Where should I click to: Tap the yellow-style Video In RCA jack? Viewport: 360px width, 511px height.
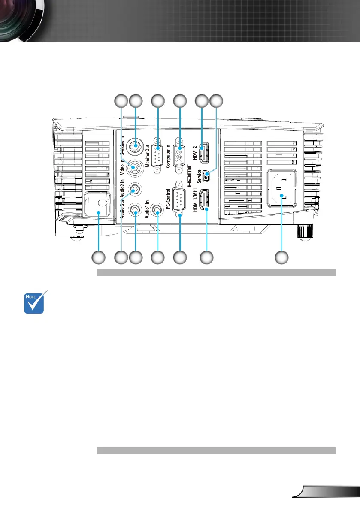pos(136,167)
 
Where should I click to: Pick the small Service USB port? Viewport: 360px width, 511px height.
pos(208,175)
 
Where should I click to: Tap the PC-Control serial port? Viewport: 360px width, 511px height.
pos(180,200)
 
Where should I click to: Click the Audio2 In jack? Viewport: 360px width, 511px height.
pos(136,189)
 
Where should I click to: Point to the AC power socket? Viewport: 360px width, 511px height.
pos(281,190)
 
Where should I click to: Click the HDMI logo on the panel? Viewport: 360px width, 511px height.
pos(188,176)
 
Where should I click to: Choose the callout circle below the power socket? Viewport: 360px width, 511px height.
pos(281,257)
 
